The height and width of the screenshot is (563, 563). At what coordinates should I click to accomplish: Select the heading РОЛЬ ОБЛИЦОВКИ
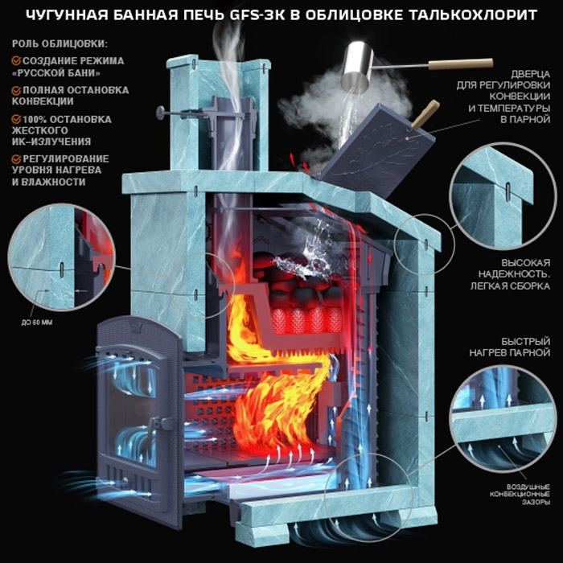click(x=60, y=43)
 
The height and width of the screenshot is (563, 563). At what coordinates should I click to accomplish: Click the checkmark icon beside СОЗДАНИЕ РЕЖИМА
click(x=16, y=60)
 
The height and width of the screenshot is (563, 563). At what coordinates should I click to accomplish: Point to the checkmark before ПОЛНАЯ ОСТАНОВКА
click(x=16, y=90)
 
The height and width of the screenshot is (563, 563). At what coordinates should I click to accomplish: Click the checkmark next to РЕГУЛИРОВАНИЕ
click(x=16, y=158)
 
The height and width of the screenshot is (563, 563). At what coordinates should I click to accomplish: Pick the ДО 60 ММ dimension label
click(x=37, y=323)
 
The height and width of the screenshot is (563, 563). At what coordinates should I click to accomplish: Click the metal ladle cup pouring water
click(x=357, y=65)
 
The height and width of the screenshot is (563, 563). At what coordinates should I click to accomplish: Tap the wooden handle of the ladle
click(x=461, y=64)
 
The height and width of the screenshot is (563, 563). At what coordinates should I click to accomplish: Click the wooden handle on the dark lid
click(x=425, y=114)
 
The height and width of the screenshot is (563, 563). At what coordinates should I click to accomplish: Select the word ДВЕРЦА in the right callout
click(x=530, y=74)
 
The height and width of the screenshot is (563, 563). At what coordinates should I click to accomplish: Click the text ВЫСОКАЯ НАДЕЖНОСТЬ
click(x=514, y=268)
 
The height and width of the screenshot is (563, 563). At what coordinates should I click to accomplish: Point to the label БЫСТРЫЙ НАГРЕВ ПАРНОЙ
click(x=510, y=347)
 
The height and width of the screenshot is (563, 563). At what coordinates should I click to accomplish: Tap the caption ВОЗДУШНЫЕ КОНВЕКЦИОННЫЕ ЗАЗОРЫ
click(x=520, y=495)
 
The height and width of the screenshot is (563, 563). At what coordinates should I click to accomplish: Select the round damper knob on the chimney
click(x=160, y=113)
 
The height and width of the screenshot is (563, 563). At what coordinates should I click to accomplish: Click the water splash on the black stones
click(x=312, y=253)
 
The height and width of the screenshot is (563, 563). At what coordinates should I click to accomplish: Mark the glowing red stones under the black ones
click(x=307, y=319)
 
